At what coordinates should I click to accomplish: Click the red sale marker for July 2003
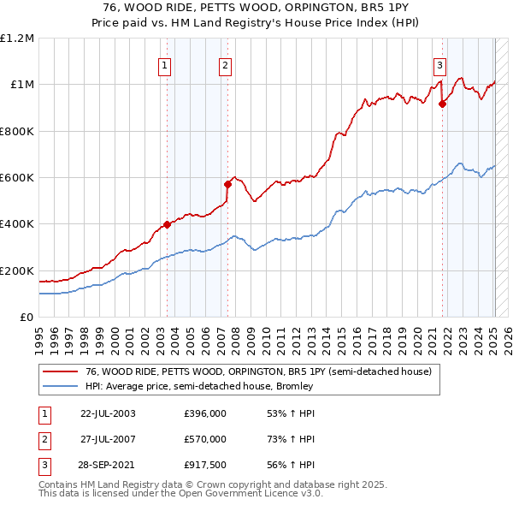168,224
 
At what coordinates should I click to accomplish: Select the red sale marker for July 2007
228,184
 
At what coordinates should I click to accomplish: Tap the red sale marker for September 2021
442,104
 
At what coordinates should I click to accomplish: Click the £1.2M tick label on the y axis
17,39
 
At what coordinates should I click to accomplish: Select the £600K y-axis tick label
17,178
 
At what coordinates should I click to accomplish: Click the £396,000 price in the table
205,413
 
